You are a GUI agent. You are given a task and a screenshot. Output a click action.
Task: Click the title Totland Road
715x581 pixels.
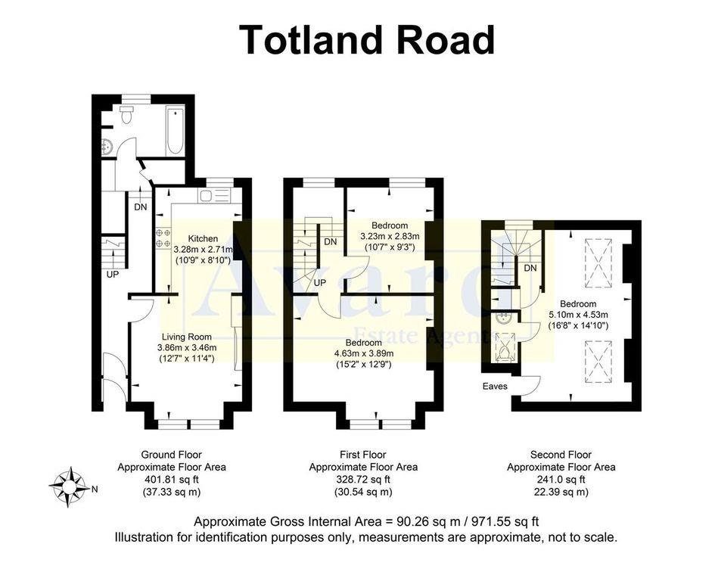click(367, 40)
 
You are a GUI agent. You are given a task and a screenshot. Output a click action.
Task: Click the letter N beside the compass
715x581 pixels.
click(95, 489)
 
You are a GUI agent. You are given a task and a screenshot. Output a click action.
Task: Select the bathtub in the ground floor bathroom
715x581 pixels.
click(175, 131)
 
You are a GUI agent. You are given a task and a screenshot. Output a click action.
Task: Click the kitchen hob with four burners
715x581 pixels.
click(162, 238)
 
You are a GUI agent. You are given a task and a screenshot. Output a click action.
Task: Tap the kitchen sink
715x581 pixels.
click(213, 196)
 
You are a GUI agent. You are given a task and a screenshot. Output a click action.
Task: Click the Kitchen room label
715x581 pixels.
click(203, 238)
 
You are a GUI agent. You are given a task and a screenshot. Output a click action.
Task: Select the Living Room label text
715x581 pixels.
click(187, 337)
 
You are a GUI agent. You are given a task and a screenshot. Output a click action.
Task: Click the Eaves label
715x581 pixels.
click(496, 387)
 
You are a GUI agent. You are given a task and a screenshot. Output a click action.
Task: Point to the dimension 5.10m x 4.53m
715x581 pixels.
click(579, 315)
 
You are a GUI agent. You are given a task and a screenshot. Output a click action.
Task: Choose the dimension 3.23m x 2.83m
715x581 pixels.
click(390, 236)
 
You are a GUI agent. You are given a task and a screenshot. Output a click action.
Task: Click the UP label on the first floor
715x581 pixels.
click(320, 282)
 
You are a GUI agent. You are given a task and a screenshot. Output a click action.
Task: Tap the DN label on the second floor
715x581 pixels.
click(530, 268)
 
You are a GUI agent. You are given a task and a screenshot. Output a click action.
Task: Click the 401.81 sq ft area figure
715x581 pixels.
click(171, 479)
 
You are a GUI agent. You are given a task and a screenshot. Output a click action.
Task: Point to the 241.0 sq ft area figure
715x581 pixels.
click(561, 479)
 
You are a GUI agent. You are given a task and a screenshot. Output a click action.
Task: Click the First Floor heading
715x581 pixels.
click(363, 455)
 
